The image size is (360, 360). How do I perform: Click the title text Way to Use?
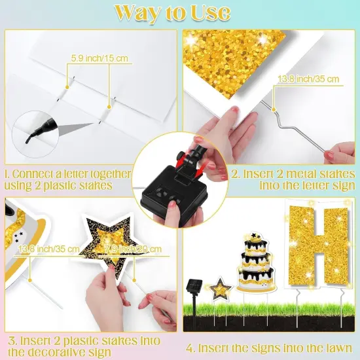click(x=180, y=13)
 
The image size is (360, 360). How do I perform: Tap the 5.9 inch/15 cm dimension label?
click(x=98, y=59)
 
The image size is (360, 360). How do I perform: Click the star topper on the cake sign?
click(x=256, y=234)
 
